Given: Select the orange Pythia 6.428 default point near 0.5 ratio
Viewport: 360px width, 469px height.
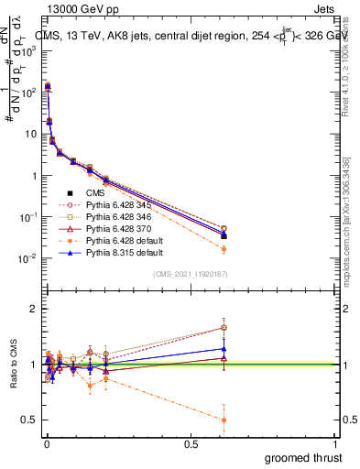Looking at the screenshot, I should click(224, 420).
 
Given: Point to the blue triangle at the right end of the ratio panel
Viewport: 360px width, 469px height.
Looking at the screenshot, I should click(224, 349).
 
